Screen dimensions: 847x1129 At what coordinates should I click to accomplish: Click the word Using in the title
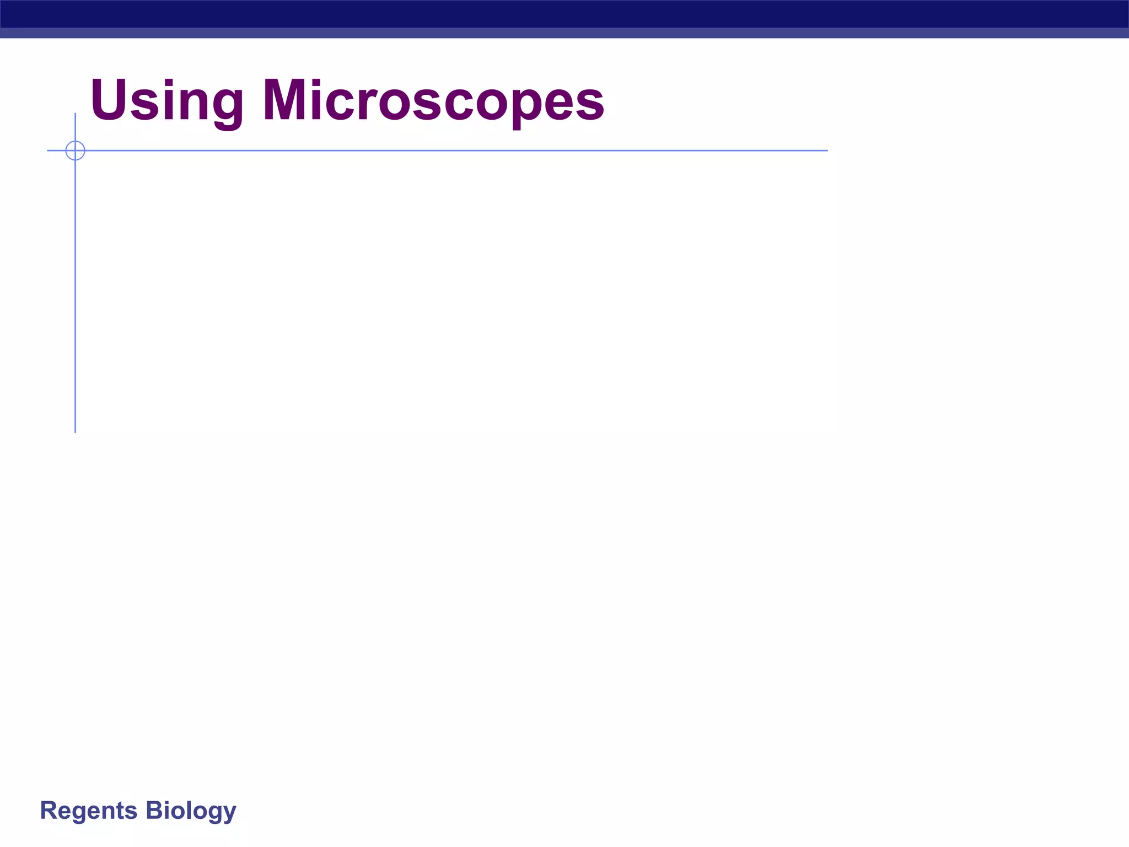coord(166,101)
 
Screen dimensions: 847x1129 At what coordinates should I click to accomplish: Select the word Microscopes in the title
coord(433,101)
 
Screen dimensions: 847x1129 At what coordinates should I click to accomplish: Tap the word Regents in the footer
coord(89,811)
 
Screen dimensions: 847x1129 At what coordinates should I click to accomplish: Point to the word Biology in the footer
coord(191,811)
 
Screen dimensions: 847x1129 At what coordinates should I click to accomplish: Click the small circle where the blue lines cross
coord(75,151)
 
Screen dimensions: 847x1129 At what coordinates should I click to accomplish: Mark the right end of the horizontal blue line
coord(827,151)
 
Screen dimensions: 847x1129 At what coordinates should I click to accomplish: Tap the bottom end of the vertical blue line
coord(75,432)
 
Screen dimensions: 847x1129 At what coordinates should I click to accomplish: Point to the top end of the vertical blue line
coord(75,114)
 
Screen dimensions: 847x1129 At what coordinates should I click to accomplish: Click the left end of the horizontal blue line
coord(49,151)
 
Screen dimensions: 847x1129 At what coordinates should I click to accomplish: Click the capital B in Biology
coord(154,811)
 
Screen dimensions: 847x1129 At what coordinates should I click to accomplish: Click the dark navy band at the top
coord(564,14)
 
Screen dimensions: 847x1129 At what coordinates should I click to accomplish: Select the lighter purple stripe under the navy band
coord(564,33)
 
